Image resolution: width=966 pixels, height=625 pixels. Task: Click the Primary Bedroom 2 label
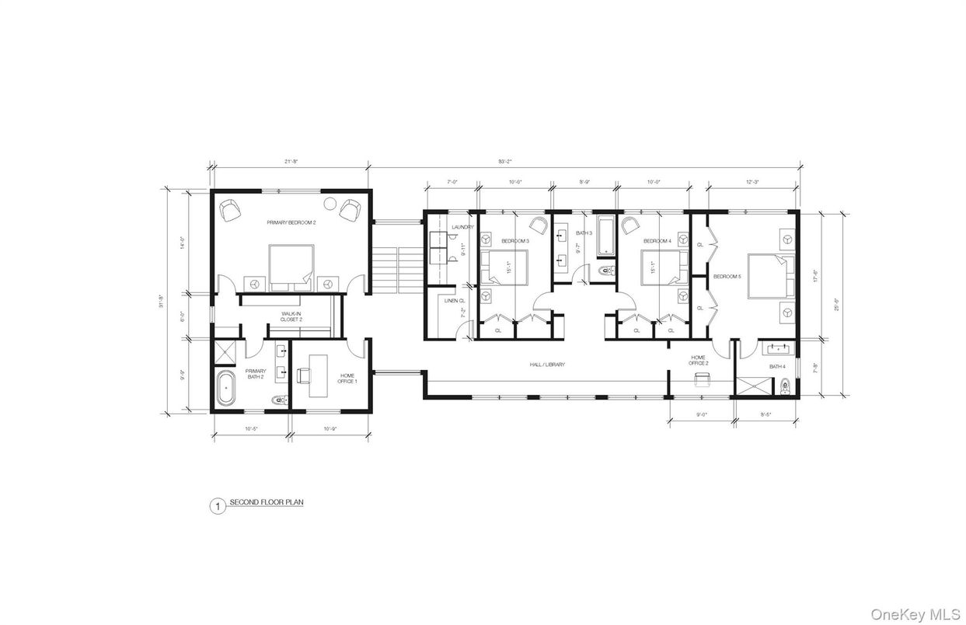click(291, 222)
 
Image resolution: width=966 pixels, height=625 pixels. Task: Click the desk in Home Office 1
click(319, 375)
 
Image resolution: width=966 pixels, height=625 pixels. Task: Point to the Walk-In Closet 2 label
click(291, 316)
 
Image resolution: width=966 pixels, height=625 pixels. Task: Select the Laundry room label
click(462, 227)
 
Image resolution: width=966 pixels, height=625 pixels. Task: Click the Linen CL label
click(455, 301)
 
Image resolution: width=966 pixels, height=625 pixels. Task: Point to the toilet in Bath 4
click(786, 384)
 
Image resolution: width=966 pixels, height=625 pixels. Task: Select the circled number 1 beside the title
click(218, 506)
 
